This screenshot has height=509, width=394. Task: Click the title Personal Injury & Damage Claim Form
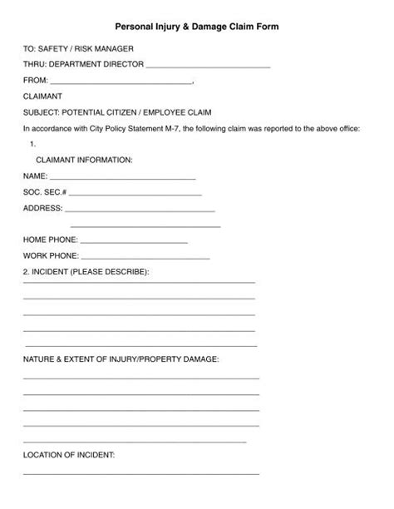pos(197,27)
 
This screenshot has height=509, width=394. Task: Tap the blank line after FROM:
pos(121,83)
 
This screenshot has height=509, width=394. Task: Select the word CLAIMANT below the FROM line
pos(42,96)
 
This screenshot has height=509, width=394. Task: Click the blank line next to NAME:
pos(123,179)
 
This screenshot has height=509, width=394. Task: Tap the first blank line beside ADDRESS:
pos(140,210)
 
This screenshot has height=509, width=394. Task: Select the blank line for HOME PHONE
pos(135,241)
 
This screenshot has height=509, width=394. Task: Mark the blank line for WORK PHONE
pos(135,257)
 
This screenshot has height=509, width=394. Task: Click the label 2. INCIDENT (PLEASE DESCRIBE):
pos(86,272)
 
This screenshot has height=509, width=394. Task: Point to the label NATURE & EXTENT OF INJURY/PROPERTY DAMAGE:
pos(121,358)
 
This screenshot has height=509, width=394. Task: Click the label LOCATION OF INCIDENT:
pos(69,455)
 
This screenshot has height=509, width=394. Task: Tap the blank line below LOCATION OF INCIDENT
pos(141,473)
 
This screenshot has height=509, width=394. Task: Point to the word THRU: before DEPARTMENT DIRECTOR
pos(34,64)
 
